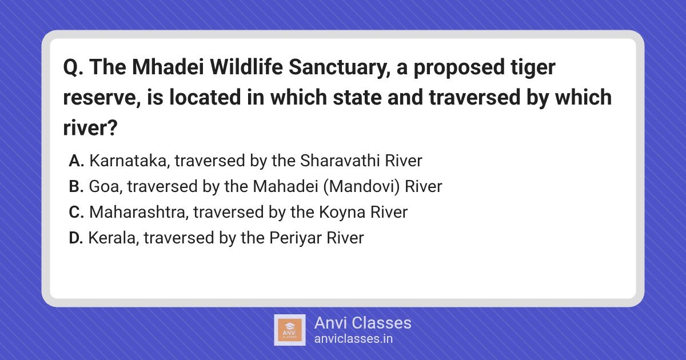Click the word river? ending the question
coord(90,127)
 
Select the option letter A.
coord(76,161)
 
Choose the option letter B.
coord(76,186)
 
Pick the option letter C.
coord(76,212)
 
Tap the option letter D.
coord(75,238)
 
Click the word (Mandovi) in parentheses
coord(362,187)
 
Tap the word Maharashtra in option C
coord(139,213)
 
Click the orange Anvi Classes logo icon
coord(289,330)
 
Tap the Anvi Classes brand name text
coord(362,323)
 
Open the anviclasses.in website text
coord(353,339)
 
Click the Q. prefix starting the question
coord(73,67)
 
